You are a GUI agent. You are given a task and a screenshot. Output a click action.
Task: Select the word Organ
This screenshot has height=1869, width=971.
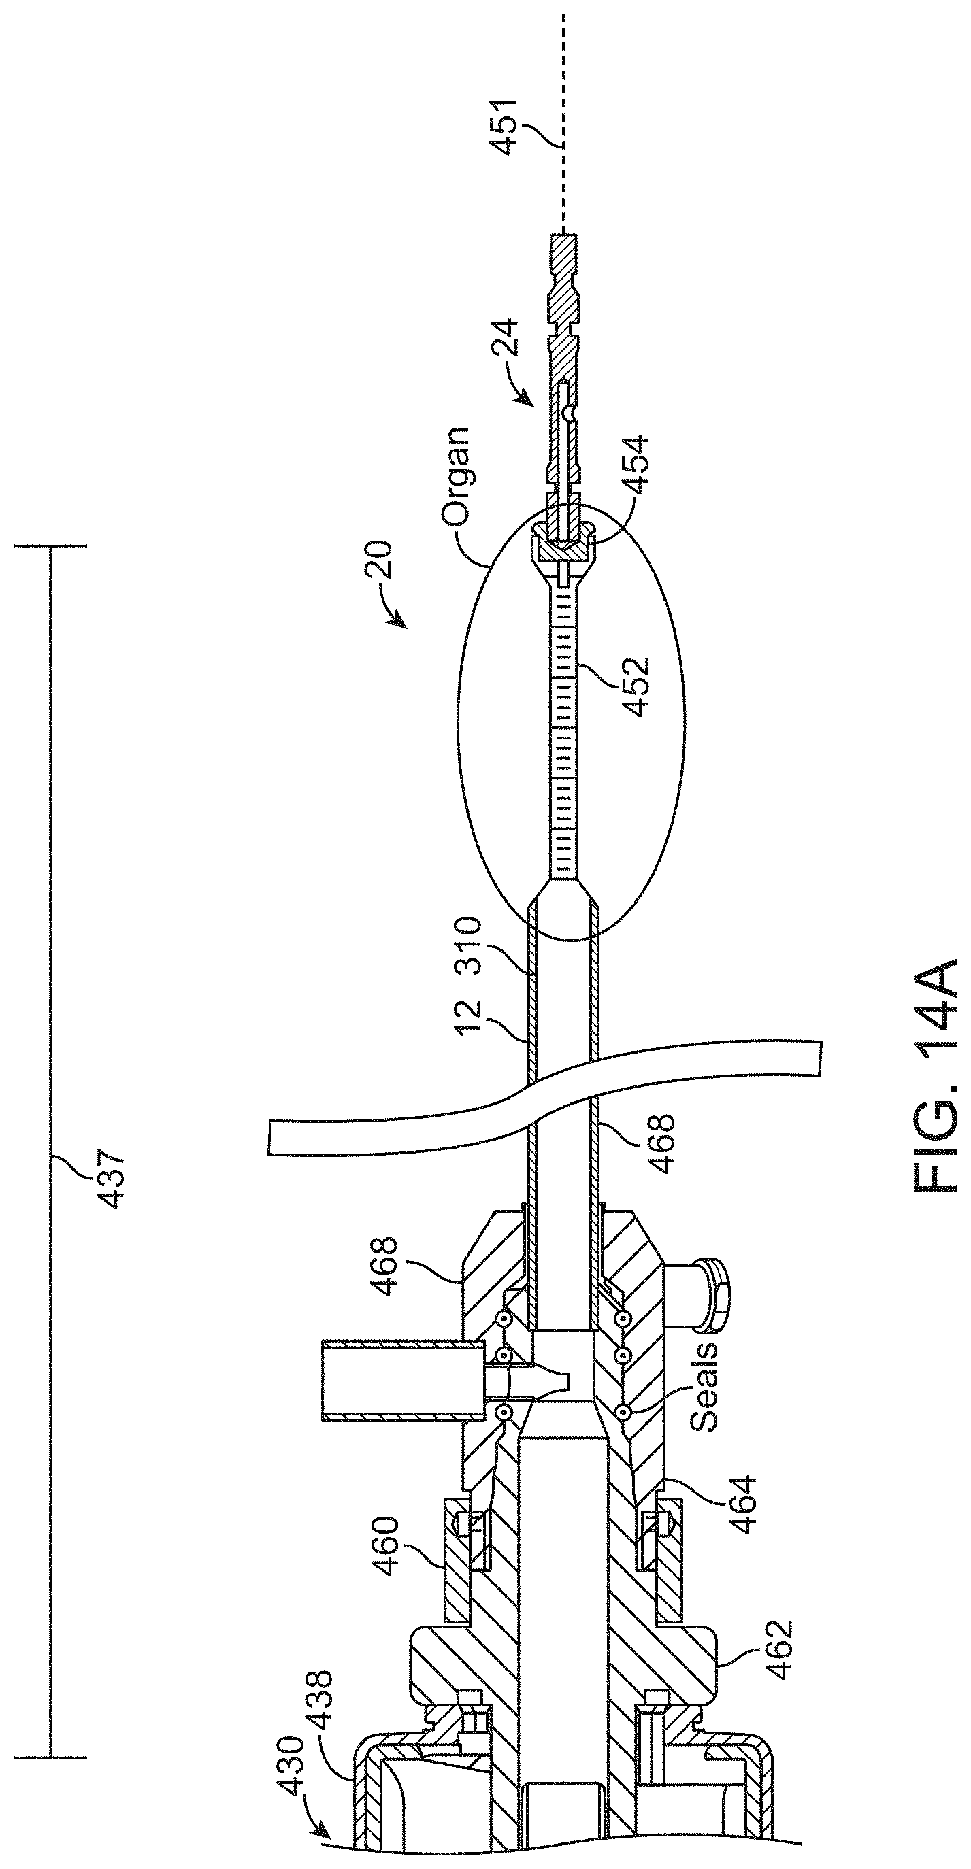point(456,477)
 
